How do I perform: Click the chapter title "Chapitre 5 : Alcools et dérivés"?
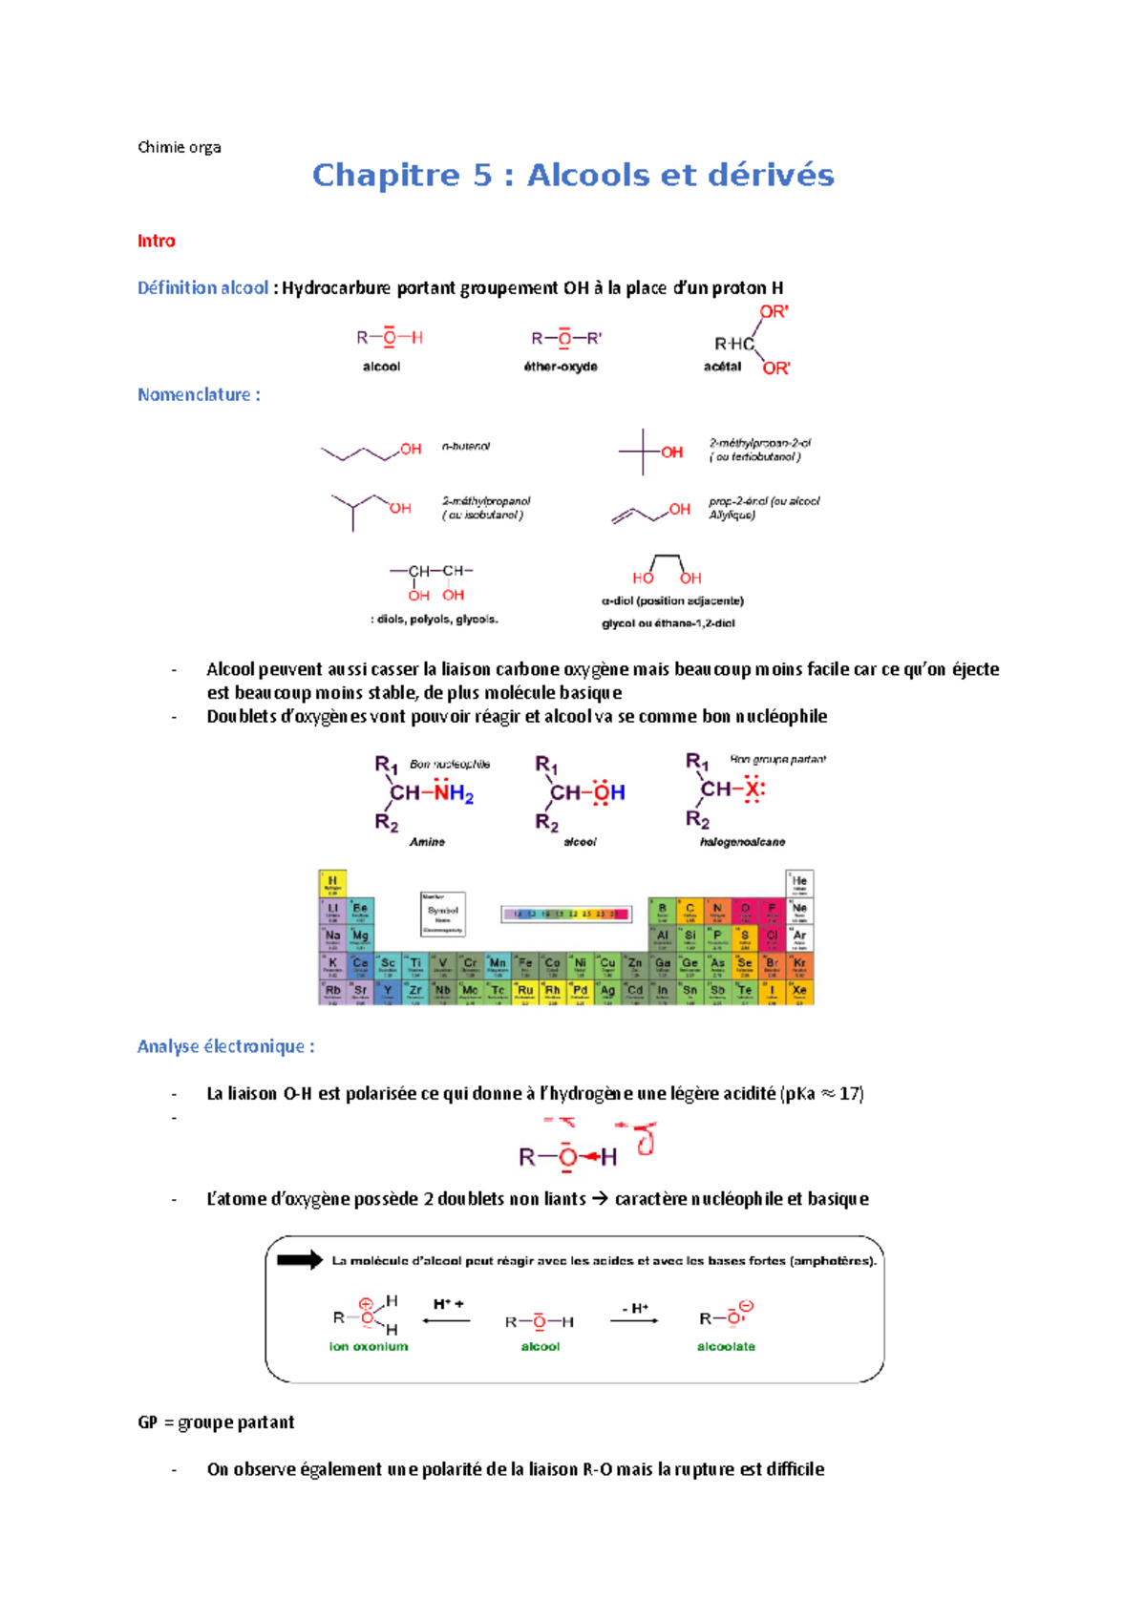pyautogui.click(x=573, y=176)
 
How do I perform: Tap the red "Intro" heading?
pyautogui.click(x=156, y=241)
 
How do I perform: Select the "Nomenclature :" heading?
pyautogui.click(x=199, y=394)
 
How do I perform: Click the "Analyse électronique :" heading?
pyautogui.click(x=225, y=1046)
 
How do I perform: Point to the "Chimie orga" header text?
pyautogui.click(x=179, y=147)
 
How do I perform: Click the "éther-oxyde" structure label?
pyautogui.click(x=561, y=367)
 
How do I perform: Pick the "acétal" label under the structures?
pyautogui.click(x=722, y=367)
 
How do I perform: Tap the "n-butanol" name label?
pyautogui.click(x=466, y=446)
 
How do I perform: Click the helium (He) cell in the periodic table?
pyautogui.click(x=799, y=883)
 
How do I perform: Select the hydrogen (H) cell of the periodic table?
pyautogui.click(x=332, y=883)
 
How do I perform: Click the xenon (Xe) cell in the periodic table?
pyautogui.click(x=799, y=992)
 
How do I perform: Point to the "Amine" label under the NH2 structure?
pyautogui.click(x=427, y=842)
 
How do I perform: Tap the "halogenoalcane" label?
pyautogui.click(x=742, y=842)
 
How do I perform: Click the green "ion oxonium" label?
pyautogui.click(x=369, y=1346)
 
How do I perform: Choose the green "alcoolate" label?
pyautogui.click(x=726, y=1346)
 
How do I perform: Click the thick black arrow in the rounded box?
pyautogui.click(x=300, y=1260)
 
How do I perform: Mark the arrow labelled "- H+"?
pyautogui.click(x=634, y=1319)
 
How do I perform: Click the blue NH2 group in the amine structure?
pyautogui.click(x=454, y=793)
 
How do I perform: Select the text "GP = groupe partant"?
pyautogui.click(x=216, y=1422)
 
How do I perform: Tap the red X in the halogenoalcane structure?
pyautogui.click(x=753, y=789)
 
